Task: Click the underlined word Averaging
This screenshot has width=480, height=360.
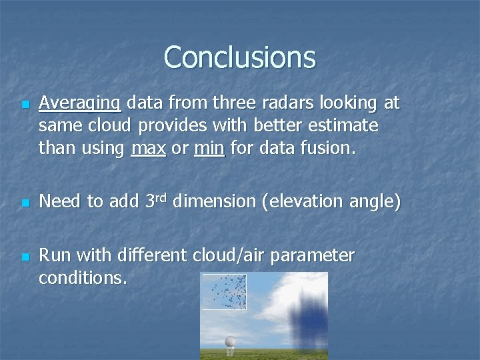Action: (80, 103)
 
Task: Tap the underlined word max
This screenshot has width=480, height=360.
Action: (149, 148)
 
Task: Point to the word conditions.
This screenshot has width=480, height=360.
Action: (83, 278)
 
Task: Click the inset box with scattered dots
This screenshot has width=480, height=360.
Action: (224, 292)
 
